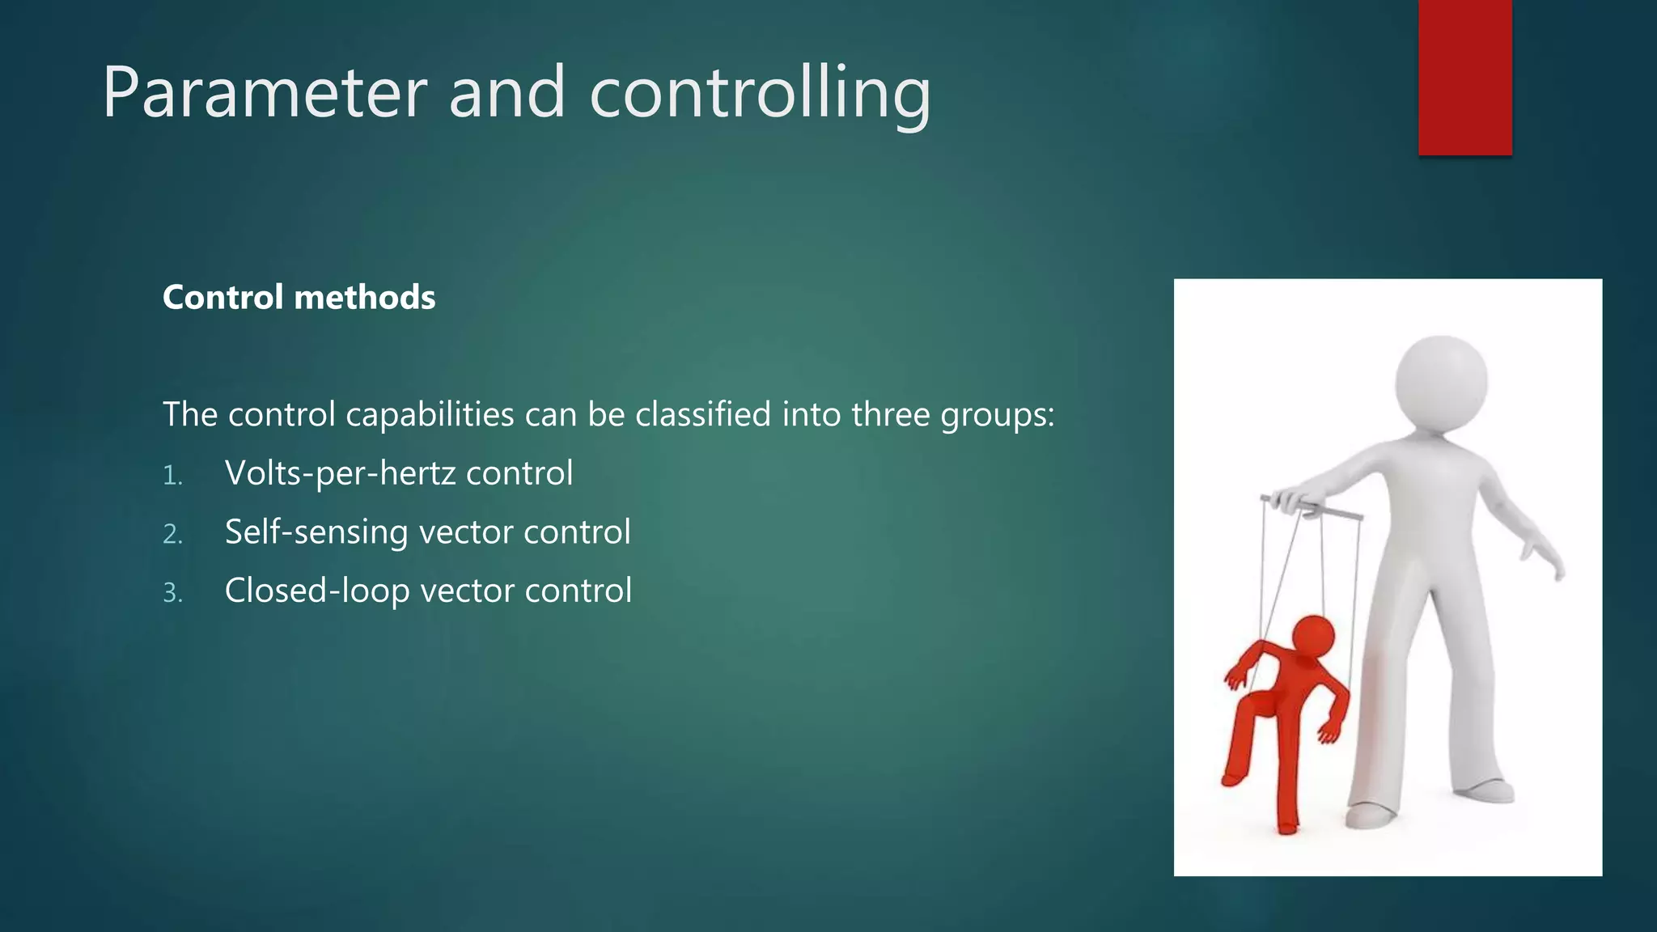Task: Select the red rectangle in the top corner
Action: [x=1464, y=77]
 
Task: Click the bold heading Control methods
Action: [x=299, y=298]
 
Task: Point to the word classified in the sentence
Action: [x=703, y=414]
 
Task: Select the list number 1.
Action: [x=172, y=476]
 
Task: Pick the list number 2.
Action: [x=172, y=535]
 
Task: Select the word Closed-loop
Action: [x=316, y=591]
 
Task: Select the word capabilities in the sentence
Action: [x=430, y=414]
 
